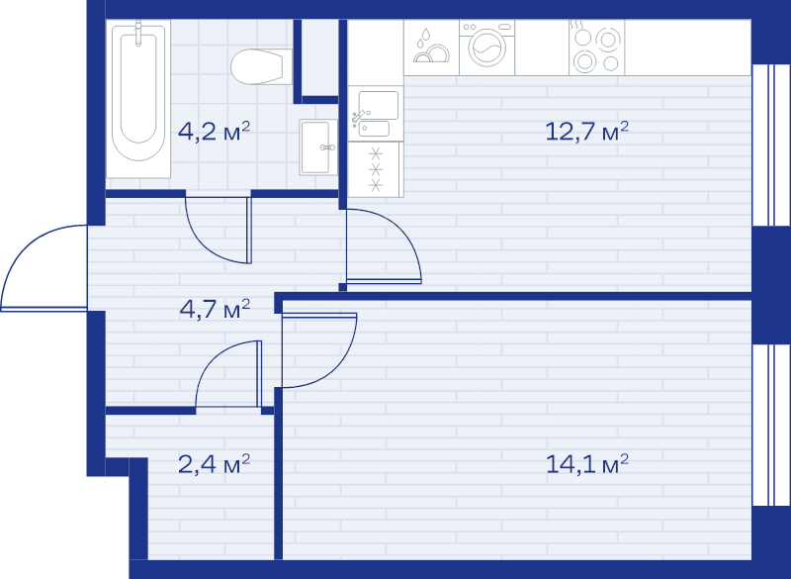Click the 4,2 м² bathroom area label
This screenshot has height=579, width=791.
(214, 132)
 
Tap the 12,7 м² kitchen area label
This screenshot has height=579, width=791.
(586, 131)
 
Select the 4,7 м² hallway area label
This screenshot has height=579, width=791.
(215, 309)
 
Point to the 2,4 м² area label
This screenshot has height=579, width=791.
(214, 463)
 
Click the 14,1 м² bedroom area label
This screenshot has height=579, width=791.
(587, 463)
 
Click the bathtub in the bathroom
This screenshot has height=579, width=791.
(138, 99)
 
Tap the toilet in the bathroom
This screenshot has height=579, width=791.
(261, 66)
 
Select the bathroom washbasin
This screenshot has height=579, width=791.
(318, 146)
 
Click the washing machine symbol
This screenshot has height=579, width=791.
(486, 48)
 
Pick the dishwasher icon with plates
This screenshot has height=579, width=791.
(431, 48)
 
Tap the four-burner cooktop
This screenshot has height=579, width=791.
(597, 48)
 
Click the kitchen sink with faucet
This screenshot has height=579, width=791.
(376, 113)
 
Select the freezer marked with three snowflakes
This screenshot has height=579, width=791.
(376, 169)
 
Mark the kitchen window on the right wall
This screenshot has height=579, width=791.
(771, 145)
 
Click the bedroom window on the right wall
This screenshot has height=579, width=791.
(771, 425)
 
